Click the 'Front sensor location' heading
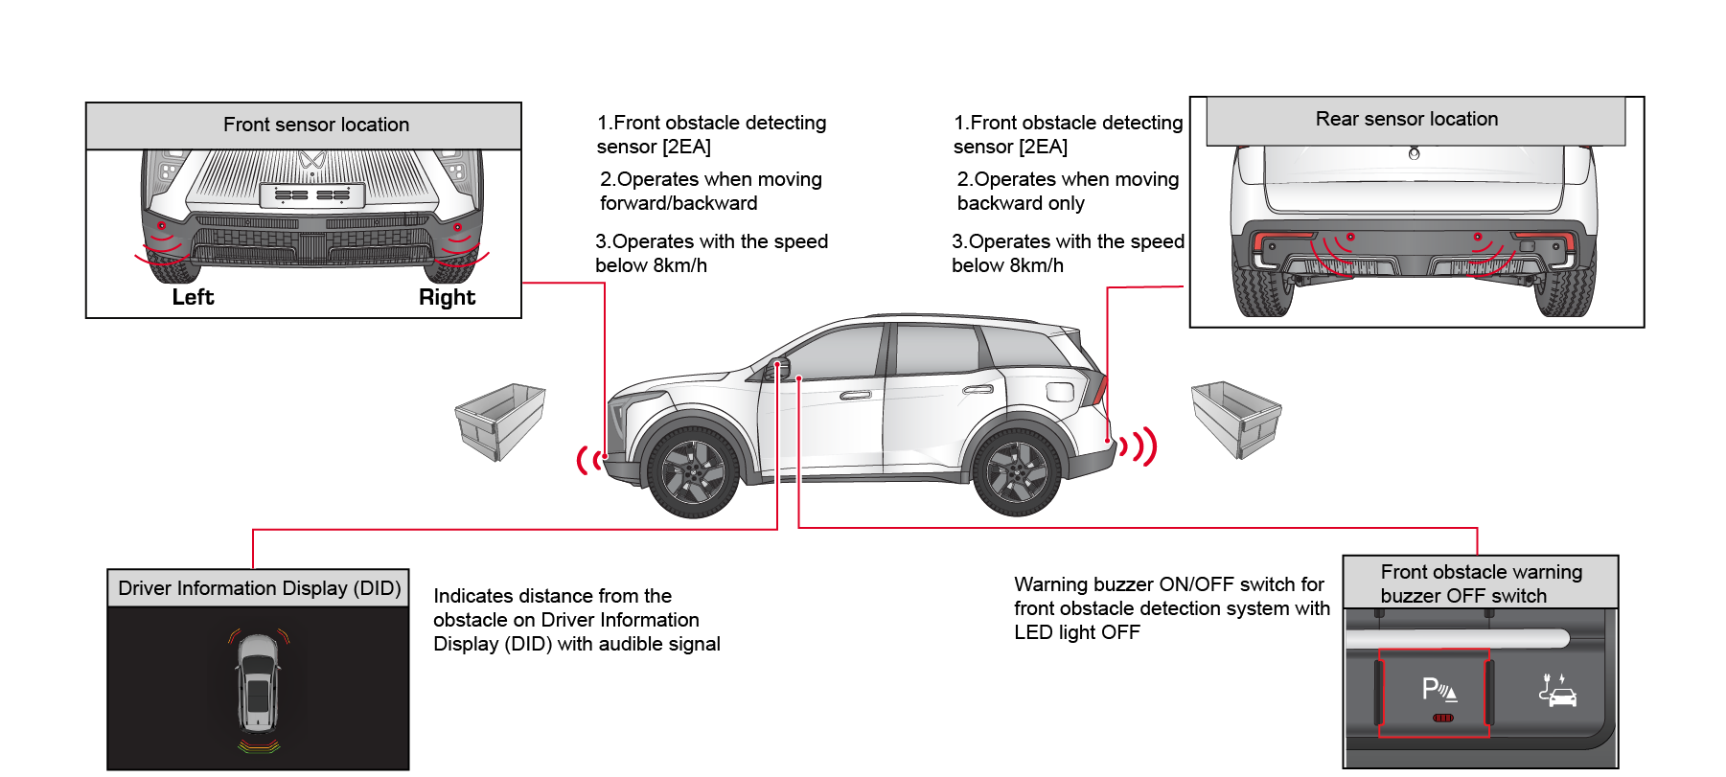click(x=316, y=125)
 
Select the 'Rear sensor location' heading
click(x=1407, y=119)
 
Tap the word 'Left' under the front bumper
click(x=193, y=297)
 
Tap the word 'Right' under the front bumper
click(x=447, y=297)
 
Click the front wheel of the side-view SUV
click(x=693, y=471)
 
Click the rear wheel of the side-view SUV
click(x=1017, y=471)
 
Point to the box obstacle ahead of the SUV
click(x=500, y=422)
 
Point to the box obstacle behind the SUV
click(x=1236, y=420)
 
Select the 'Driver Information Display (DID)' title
click(x=260, y=588)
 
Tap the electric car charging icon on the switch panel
click(x=1557, y=690)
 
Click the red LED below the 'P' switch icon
click(x=1443, y=718)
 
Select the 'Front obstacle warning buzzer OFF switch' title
click(x=1481, y=583)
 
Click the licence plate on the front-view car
click(x=312, y=195)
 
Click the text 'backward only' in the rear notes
click(x=1021, y=203)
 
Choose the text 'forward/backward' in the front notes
click(x=679, y=203)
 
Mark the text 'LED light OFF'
click(x=1077, y=632)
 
